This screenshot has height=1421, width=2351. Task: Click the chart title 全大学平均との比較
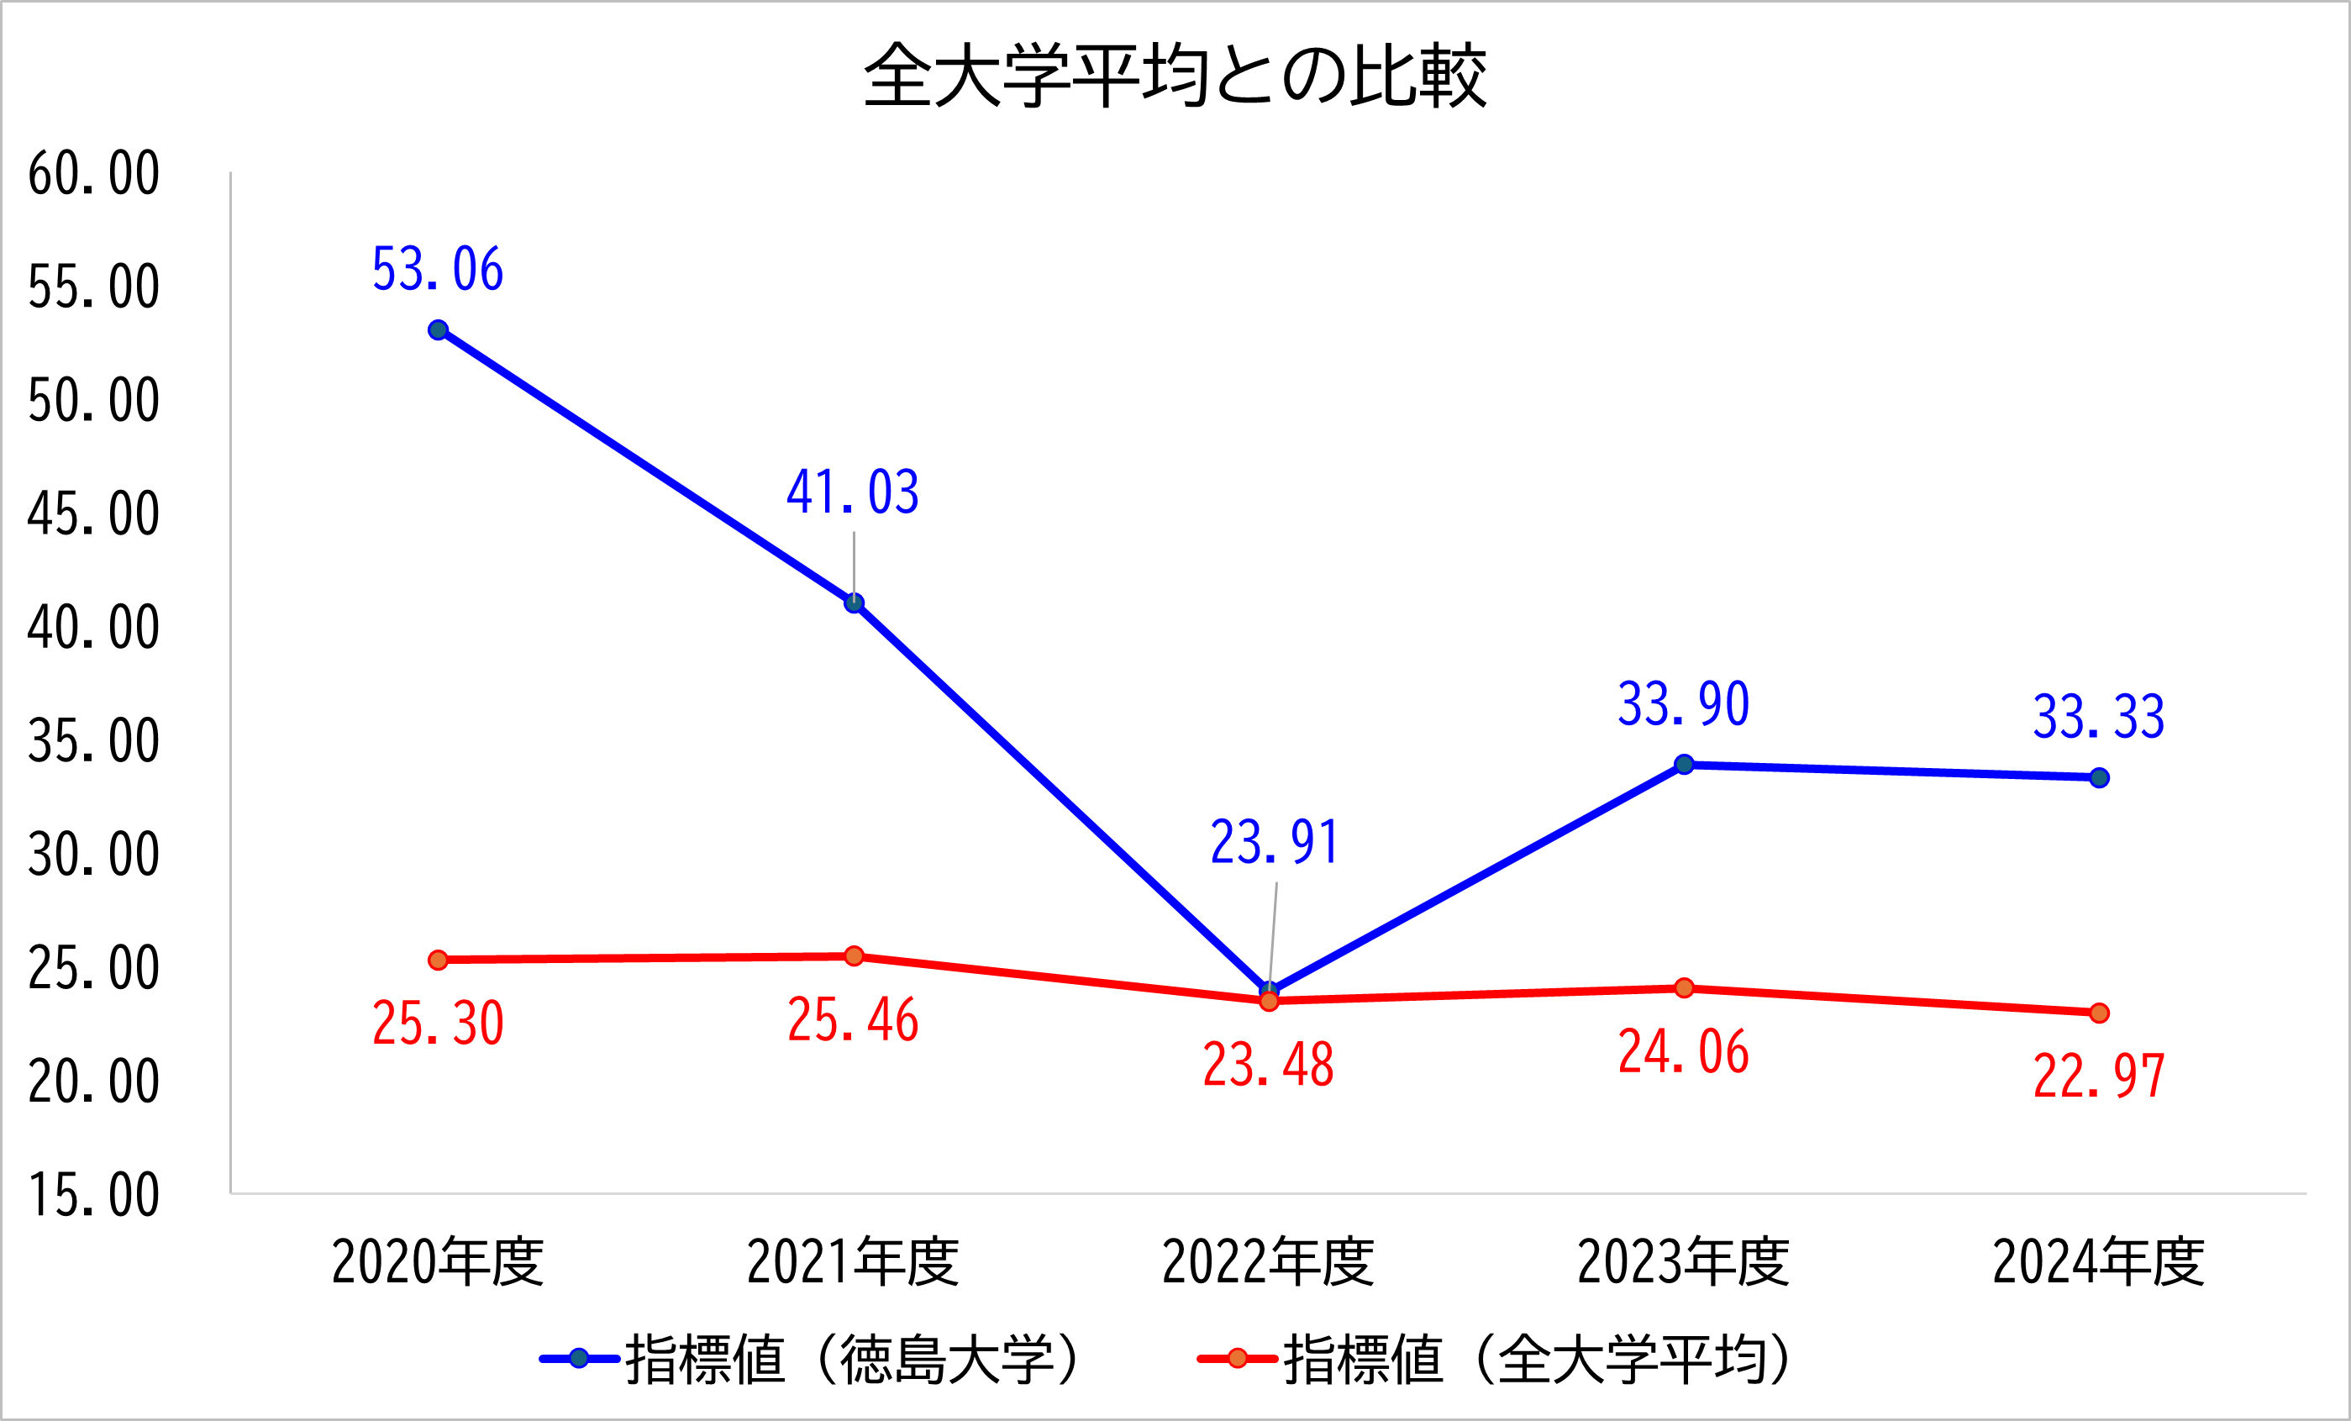pyautogui.click(x=1175, y=76)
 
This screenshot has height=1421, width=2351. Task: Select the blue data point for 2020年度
pyautogui.click(x=438, y=330)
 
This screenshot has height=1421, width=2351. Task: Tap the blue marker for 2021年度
pyautogui.click(x=854, y=603)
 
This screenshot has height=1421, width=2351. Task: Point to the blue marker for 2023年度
pyautogui.click(x=1684, y=765)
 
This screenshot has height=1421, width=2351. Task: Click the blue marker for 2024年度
pyautogui.click(x=2099, y=778)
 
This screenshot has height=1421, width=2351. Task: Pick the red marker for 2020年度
pyautogui.click(x=438, y=960)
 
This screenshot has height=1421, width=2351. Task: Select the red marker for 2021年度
pyautogui.click(x=854, y=956)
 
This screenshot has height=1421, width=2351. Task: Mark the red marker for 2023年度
pyautogui.click(x=1684, y=987)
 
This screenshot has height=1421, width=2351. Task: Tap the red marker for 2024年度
pyautogui.click(x=2099, y=1013)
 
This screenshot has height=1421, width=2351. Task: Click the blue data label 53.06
pyautogui.click(x=438, y=269)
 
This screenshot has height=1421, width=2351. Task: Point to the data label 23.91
pyautogui.click(x=1275, y=843)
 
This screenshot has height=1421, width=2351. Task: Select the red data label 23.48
pyautogui.click(x=1268, y=1065)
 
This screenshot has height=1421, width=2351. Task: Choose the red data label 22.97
pyautogui.click(x=2099, y=1076)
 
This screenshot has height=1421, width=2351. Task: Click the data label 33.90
pyautogui.click(x=1684, y=704)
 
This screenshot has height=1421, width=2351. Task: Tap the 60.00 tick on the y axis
pyautogui.click(x=93, y=174)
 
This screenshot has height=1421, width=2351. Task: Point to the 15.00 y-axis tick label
pyautogui.click(x=93, y=1195)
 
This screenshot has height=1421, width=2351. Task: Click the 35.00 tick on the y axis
pyautogui.click(x=93, y=741)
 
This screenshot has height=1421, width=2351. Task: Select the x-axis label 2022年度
pyautogui.click(x=1268, y=1261)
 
